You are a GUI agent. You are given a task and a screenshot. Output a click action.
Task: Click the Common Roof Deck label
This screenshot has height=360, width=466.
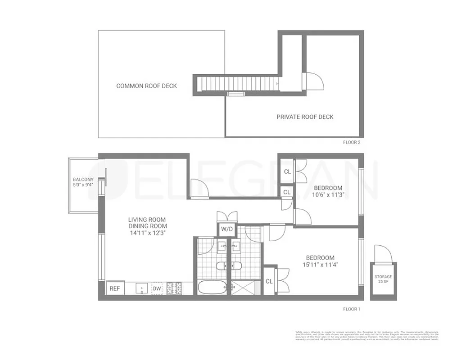tap(146, 86)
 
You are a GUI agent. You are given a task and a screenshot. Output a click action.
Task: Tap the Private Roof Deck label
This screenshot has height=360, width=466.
tap(305, 117)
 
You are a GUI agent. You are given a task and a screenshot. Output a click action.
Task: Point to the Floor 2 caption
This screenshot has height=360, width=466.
tap(351, 142)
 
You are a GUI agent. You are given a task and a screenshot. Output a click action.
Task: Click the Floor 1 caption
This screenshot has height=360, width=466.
tap(351, 309)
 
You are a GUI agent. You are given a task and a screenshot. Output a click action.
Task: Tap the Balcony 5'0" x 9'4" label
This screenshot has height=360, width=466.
tap(83, 182)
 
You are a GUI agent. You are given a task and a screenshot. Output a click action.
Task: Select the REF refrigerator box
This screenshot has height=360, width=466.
tap(115, 288)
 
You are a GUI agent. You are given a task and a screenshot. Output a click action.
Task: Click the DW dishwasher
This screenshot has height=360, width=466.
tap(157, 288)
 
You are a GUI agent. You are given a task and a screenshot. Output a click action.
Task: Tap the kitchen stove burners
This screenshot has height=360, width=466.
tap(173, 288)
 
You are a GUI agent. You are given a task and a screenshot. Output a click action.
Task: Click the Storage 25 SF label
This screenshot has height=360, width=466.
tap(383, 279)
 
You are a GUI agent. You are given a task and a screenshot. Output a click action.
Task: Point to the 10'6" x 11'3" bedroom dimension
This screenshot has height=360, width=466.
tap(328, 195)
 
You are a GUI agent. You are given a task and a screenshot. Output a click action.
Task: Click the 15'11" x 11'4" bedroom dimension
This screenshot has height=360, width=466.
tap(320, 265)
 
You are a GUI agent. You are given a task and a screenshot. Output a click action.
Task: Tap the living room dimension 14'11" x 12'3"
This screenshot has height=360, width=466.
tap(148, 233)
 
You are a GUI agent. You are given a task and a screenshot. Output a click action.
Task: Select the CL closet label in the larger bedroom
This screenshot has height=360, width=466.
tap(269, 282)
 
